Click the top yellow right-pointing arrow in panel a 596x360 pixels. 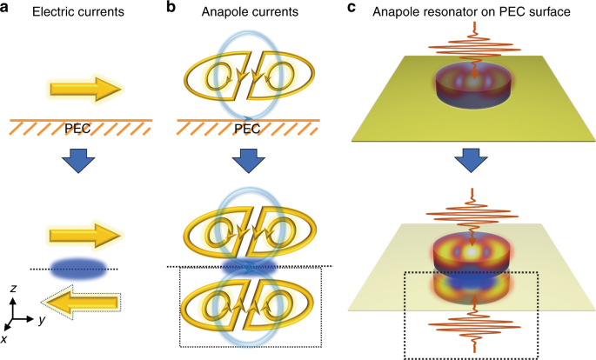click(x=84, y=88)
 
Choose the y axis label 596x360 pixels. click(x=42, y=320)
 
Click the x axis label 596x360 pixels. click(x=6, y=338)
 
